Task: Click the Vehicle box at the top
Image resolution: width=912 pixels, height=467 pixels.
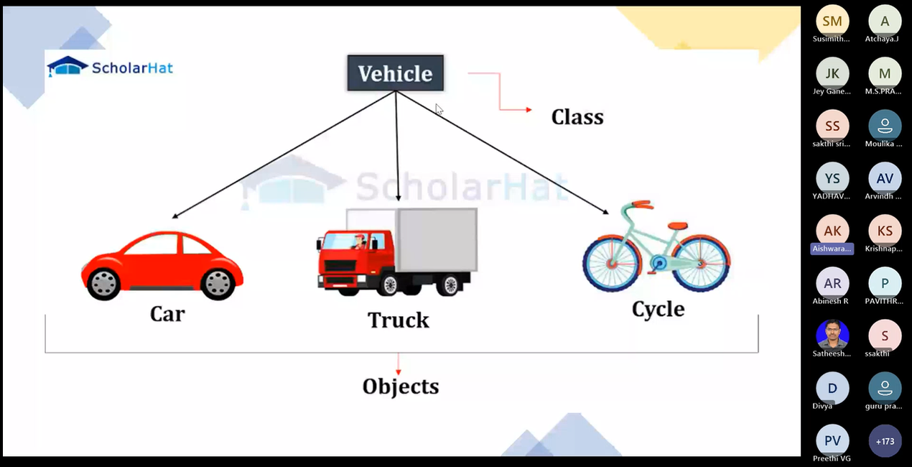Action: tap(395, 73)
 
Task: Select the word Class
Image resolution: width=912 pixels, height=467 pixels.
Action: tap(577, 117)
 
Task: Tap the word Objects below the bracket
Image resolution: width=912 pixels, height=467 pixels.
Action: tap(401, 387)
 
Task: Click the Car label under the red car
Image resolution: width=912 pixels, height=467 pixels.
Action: tap(167, 314)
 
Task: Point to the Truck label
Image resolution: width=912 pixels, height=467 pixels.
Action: tap(398, 320)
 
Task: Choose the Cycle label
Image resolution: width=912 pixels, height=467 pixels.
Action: tap(658, 309)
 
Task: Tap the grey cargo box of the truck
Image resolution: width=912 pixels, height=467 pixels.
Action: tap(437, 241)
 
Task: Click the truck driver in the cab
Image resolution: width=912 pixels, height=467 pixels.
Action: tap(358, 241)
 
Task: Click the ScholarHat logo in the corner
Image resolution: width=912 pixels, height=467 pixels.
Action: tap(110, 68)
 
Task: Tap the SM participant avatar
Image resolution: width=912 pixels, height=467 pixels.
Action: tap(832, 22)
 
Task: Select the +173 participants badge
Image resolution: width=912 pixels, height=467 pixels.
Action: tap(885, 440)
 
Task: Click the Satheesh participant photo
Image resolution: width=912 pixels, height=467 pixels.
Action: tap(832, 335)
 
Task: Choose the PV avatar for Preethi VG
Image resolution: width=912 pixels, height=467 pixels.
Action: tap(832, 440)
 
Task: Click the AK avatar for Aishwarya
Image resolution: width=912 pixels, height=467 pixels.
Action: tap(832, 231)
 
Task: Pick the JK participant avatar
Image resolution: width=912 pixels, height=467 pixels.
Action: tap(832, 74)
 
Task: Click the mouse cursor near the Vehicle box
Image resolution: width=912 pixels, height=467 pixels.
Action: tap(438, 108)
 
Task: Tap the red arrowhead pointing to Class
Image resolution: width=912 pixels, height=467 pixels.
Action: tap(529, 110)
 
